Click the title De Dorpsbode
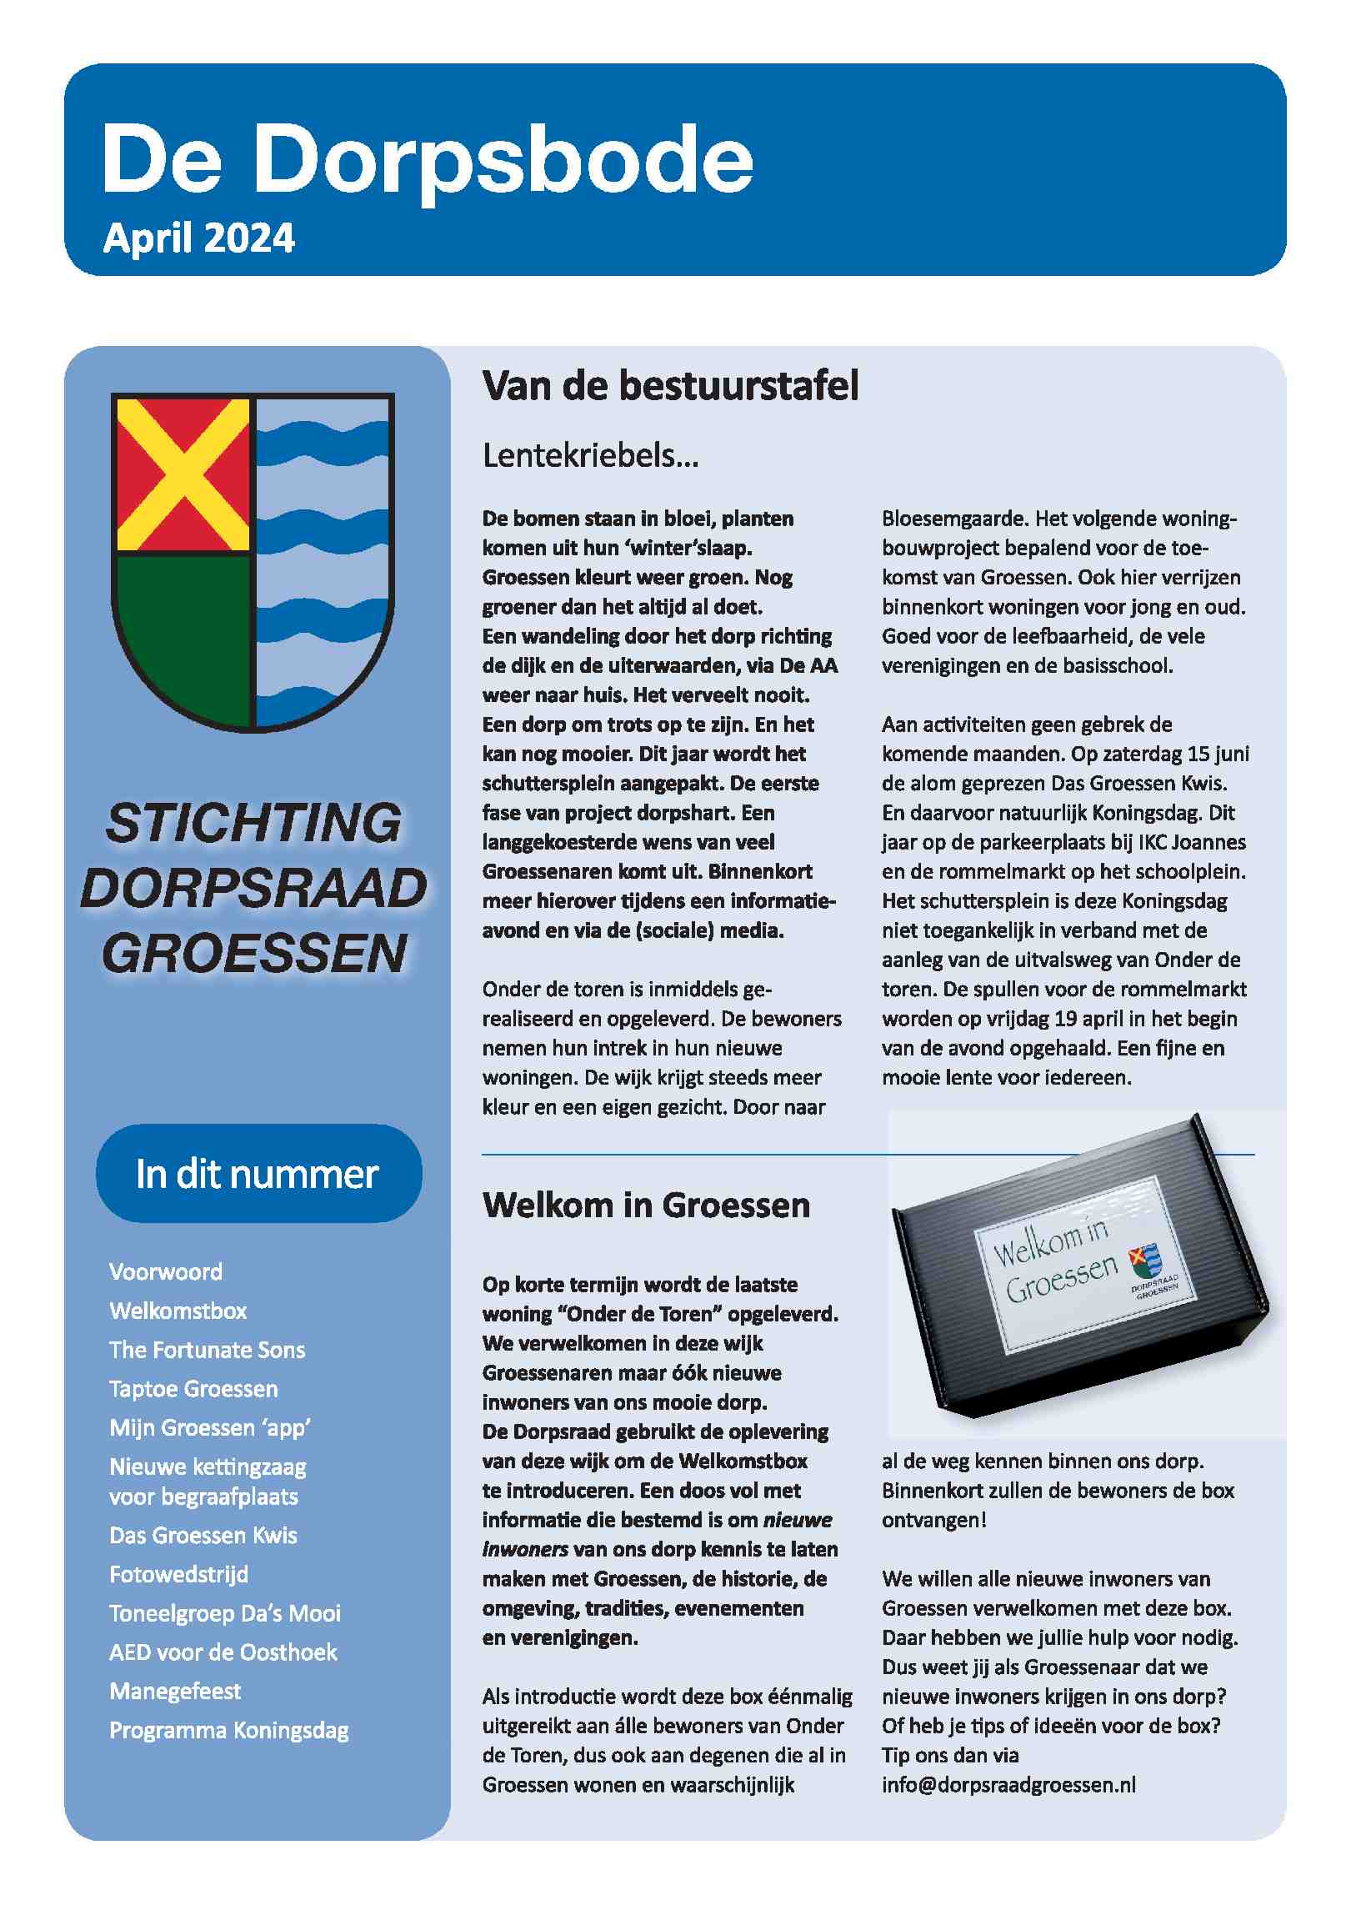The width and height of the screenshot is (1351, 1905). [428, 158]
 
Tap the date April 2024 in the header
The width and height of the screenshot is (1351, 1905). [199, 238]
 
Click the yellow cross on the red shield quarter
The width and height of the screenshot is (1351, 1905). [183, 474]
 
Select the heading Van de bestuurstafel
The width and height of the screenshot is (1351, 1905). [670, 386]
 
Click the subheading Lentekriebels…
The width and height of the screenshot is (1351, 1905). [590, 456]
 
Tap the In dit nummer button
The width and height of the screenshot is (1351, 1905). [258, 1174]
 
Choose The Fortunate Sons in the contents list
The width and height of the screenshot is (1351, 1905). [208, 1350]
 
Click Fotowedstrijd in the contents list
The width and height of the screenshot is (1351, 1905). [179, 1574]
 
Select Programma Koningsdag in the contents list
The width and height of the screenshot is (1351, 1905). [229, 1730]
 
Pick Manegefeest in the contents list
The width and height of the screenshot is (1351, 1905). [175, 1691]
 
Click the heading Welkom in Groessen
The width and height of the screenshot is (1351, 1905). [646, 1206]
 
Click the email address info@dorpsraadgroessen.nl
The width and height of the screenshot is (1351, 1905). [1008, 1784]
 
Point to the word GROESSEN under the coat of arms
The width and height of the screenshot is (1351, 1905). [254, 953]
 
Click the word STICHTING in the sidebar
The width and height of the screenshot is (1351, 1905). [254, 823]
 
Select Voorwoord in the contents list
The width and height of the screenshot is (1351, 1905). [166, 1271]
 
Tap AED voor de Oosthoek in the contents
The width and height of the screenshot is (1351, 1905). [223, 1652]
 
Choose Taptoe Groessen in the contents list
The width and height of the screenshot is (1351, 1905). [193, 1388]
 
